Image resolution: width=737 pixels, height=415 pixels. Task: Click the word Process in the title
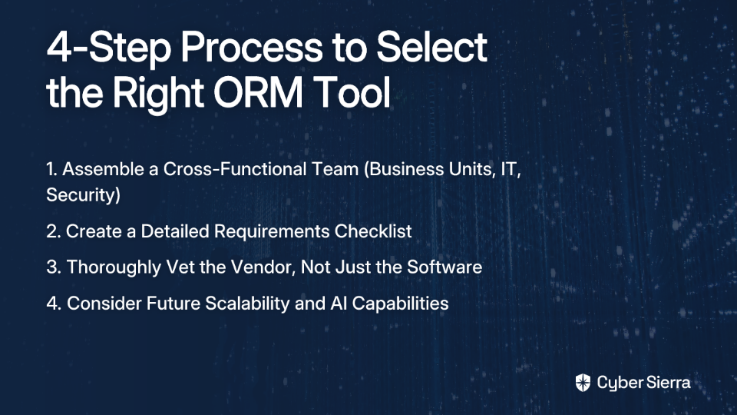252,48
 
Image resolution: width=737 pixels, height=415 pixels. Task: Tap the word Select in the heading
432,47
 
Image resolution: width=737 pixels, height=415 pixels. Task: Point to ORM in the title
258,92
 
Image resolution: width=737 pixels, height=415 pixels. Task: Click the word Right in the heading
158,95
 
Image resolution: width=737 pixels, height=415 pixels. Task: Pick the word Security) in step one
83,195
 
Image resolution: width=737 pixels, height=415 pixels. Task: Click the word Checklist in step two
373,231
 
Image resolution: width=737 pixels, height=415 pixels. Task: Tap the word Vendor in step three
263,267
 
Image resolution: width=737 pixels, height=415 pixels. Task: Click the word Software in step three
445,267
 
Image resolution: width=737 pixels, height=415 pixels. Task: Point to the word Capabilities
400,304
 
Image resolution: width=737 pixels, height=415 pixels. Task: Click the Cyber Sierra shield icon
583,383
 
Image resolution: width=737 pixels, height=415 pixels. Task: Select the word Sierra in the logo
667,383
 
